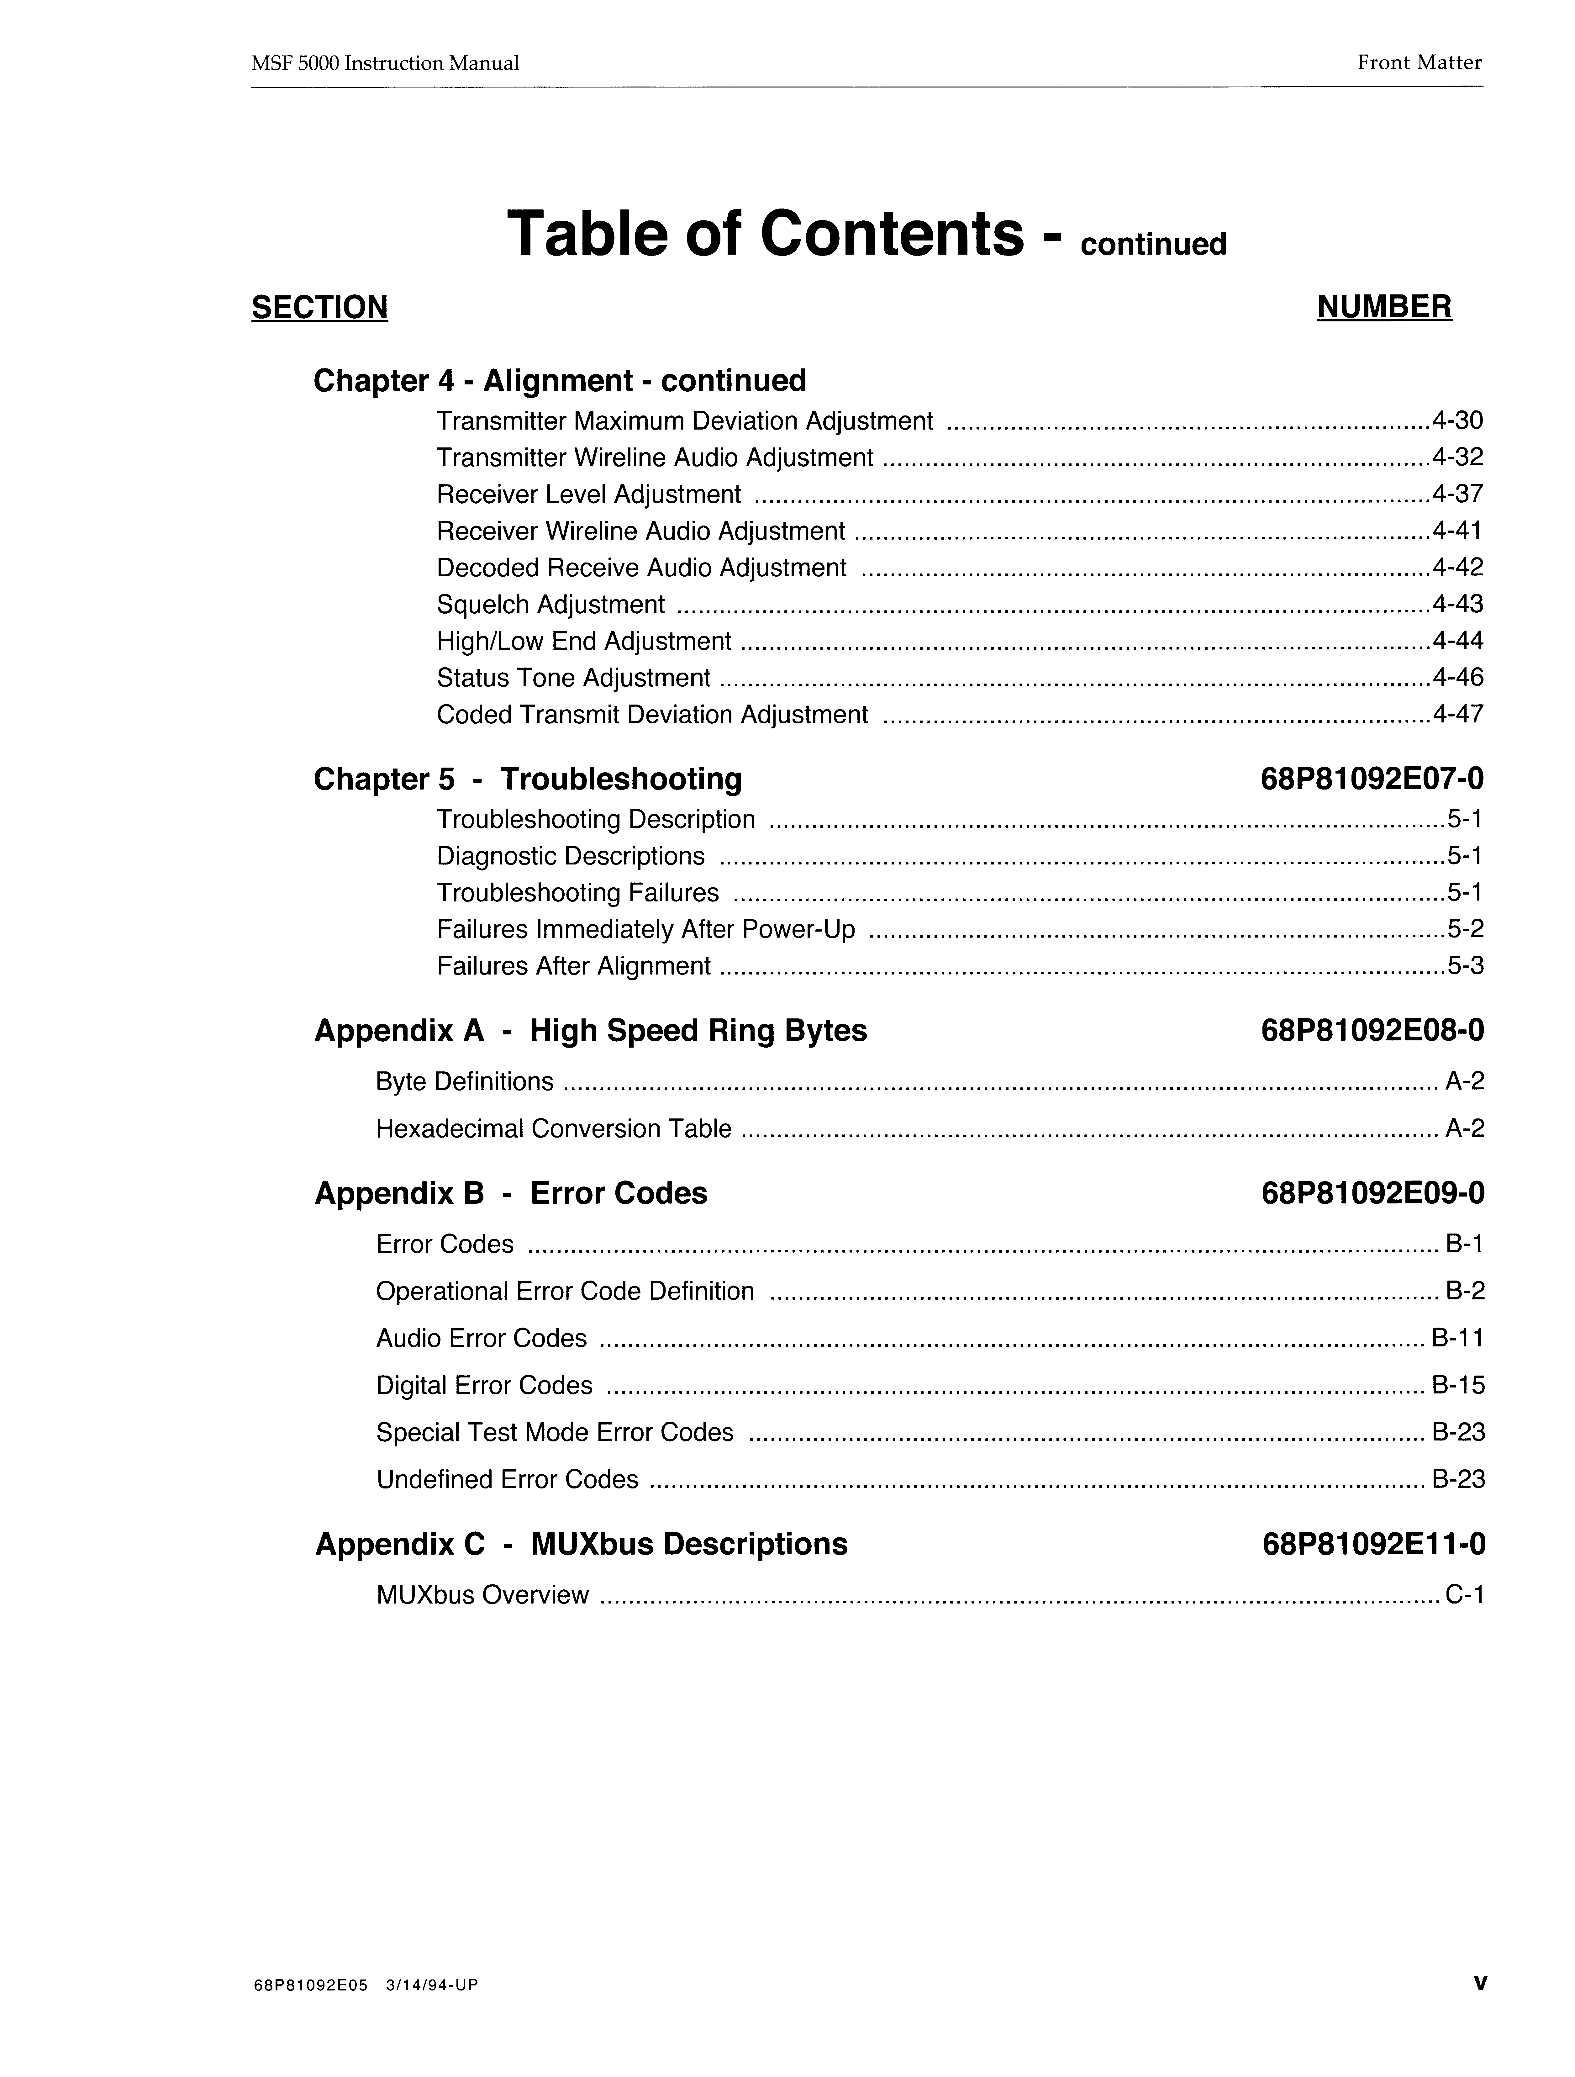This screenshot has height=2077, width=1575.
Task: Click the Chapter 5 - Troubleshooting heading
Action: (x=528, y=779)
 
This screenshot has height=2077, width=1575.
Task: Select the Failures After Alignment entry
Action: (x=573, y=966)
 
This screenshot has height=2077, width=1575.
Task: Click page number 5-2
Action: (x=1465, y=930)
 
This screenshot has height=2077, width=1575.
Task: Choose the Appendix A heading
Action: (x=590, y=1031)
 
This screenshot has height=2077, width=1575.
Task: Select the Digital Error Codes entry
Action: (x=484, y=1386)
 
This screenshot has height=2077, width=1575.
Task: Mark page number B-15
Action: (x=1458, y=1386)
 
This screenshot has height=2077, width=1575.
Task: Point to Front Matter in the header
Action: (x=1418, y=63)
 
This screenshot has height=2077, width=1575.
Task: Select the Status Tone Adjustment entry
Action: (x=573, y=678)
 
